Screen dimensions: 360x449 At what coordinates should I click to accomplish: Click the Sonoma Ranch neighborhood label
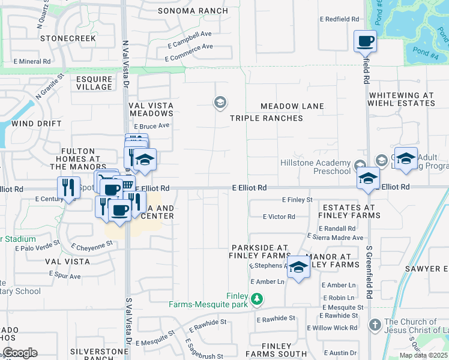pyautogui.click(x=193, y=11)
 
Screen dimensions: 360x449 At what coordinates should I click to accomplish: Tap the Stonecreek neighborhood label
pyautogui.click(x=68, y=38)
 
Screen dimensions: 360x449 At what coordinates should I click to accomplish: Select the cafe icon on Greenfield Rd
pyautogui.click(x=365, y=41)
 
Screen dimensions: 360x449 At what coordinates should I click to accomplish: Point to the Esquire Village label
pyautogui.click(x=94, y=83)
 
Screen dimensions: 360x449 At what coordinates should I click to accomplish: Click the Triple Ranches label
pyautogui.click(x=267, y=118)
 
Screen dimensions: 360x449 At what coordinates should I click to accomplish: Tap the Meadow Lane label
pyautogui.click(x=292, y=106)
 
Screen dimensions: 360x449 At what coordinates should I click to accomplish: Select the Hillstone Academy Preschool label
pyautogui.click(x=315, y=167)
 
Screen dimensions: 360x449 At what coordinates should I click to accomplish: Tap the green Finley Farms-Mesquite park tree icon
pyautogui.click(x=257, y=298)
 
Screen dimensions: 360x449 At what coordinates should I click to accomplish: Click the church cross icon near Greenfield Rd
pyautogui.click(x=375, y=326)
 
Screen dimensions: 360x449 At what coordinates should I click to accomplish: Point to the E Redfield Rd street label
pyautogui.click(x=339, y=19)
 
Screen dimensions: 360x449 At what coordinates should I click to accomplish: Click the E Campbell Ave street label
pyautogui.click(x=190, y=39)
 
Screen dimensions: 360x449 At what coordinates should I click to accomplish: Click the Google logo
pyautogui.click(x=19, y=353)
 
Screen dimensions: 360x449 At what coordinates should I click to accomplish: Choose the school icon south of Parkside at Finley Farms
pyautogui.click(x=298, y=268)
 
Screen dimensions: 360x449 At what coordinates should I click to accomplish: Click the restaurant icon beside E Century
pyautogui.click(x=69, y=188)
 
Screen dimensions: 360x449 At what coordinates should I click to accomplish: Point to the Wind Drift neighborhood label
pyautogui.click(x=36, y=124)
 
